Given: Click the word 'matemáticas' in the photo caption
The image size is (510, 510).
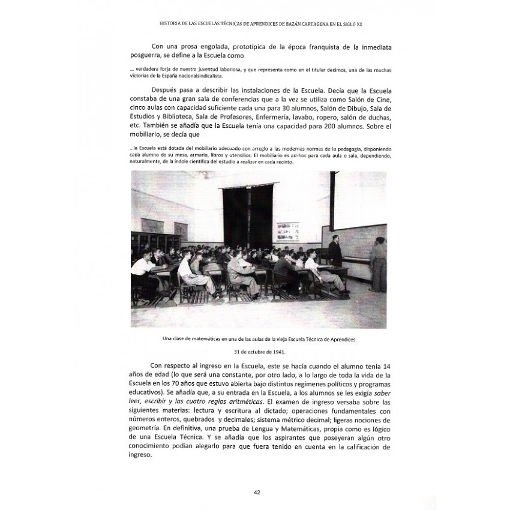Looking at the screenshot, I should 202,339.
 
